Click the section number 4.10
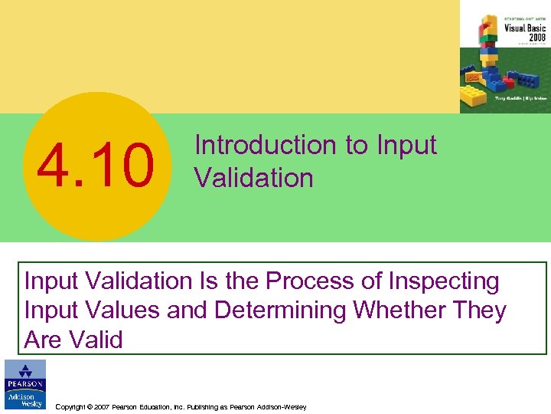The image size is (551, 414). coord(96,167)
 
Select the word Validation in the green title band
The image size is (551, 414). coord(253,178)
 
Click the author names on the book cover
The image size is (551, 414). coord(521,99)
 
